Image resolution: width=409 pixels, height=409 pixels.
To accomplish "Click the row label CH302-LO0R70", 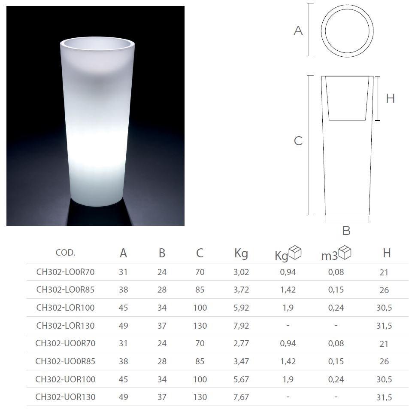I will click(x=65, y=272).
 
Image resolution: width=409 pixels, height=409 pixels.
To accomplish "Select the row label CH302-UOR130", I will click(x=65, y=397).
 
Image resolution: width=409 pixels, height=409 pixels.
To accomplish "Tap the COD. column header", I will click(x=65, y=253).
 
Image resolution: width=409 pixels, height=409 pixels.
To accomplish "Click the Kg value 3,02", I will click(x=241, y=272).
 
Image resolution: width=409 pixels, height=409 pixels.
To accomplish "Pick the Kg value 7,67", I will click(x=241, y=397).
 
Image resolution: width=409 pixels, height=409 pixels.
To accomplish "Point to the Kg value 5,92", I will click(x=241, y=308).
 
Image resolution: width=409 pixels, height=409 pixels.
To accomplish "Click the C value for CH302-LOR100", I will click(x=200, y=308).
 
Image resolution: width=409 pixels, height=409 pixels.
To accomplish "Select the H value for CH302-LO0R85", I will click(x=384, y=290).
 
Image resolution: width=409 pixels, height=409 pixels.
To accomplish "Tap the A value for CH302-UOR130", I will click(x=124, y=397).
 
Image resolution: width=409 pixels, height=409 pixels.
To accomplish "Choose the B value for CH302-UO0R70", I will click(x=162, y=343).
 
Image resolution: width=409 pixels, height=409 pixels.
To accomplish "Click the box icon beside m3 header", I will click(x=345, y=252).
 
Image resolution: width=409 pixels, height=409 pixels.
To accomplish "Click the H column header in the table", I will click(x=387, y=253).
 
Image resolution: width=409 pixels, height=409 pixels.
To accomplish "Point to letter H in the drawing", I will click(x=390, y=98).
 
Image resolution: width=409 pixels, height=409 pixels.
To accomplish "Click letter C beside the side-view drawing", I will click(x=298, y=141).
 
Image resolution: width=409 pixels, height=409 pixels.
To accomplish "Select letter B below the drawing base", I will click(x=346, y=231).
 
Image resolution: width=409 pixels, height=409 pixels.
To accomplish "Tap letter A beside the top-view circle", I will click(x=298, y=31).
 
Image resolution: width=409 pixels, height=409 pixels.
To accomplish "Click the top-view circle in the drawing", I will click(x=347, y=31).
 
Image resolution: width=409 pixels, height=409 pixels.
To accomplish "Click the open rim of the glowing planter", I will click(x=98, y=43).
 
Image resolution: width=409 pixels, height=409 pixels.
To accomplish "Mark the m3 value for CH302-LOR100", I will click(x=336, y=308).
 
